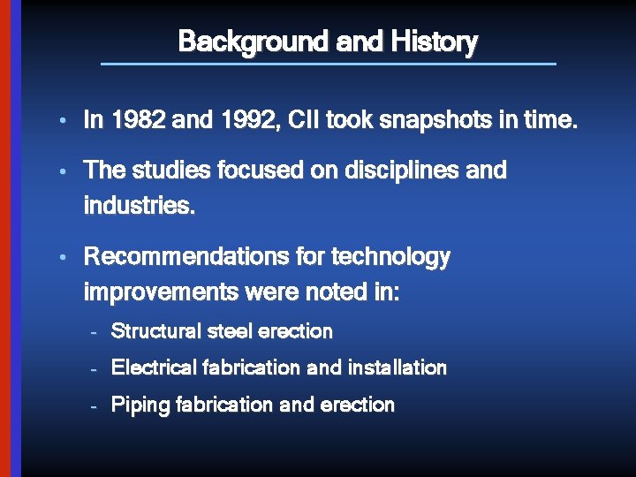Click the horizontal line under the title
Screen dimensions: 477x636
(329, 64)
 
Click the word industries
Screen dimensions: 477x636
(138, 206)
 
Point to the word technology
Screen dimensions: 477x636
(390, 257)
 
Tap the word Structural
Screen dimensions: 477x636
(155, 332)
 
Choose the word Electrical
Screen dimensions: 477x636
(154, 367)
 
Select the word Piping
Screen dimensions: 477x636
(140, 405)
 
